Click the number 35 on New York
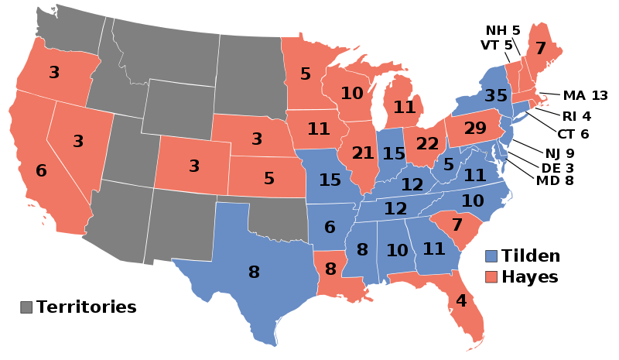tap(496, 96)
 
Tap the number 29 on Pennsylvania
tap(475, 128)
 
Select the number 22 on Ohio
tap(427, 144)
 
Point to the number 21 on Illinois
tap(363, 153)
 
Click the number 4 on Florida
tap(461, 301)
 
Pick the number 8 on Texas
tap(254, 273)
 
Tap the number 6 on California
tap(41, 171)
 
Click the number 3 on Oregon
tap(54, 73)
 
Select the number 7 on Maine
tap(541, 49)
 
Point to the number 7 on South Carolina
tap(457, 225)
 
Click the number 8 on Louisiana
tap(331, 269)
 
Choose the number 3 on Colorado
tap(194, 166)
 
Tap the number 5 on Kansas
tap(269, 179)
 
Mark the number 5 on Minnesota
tap(306, 74)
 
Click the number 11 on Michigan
tap(405, 108)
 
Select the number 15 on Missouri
tap(330, 180)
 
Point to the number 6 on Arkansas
tap(330, 228)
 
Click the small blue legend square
tap(491, 256)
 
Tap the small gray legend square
tap(26, 307)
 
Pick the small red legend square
tap(491, 276)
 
